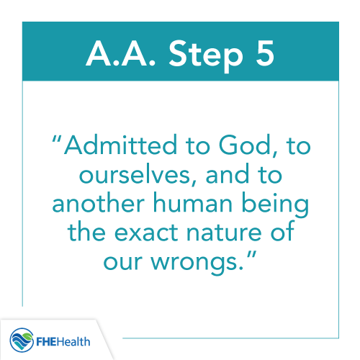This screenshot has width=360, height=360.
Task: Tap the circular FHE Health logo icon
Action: coord(22,338)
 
